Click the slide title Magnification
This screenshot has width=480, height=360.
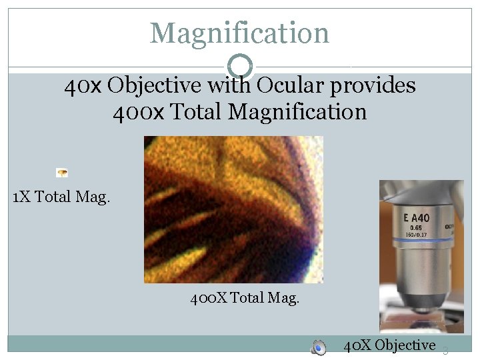coord(239,33)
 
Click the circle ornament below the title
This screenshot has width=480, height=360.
coord(240,67)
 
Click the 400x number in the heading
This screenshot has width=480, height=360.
coord(137,111)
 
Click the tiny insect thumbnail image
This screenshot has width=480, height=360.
coord(62,173)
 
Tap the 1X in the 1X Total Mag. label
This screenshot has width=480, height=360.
coord(21,197)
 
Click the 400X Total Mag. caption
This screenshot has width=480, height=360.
coord(245,298)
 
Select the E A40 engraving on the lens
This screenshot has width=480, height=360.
coord(416,217)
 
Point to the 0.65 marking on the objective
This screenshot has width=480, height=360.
coord(415,227)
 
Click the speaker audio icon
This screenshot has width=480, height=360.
coord(319,347)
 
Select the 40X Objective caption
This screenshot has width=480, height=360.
coord(389,345)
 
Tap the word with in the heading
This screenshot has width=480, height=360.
coord(229,86)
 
